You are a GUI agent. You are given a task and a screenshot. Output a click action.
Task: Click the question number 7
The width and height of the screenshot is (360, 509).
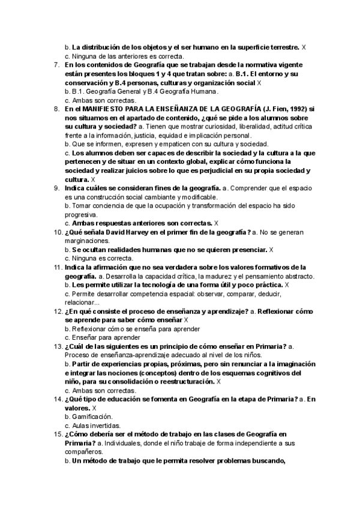click(56, 64)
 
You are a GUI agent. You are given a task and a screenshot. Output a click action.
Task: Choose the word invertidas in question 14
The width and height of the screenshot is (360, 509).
click(103, 425)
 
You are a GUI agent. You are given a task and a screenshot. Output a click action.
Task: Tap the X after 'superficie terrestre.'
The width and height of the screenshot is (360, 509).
click(304, 46)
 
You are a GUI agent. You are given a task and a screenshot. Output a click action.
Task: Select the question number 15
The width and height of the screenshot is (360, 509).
click(58, 435)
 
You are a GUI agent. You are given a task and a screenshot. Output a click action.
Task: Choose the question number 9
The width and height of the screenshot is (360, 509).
click(56, 188)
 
